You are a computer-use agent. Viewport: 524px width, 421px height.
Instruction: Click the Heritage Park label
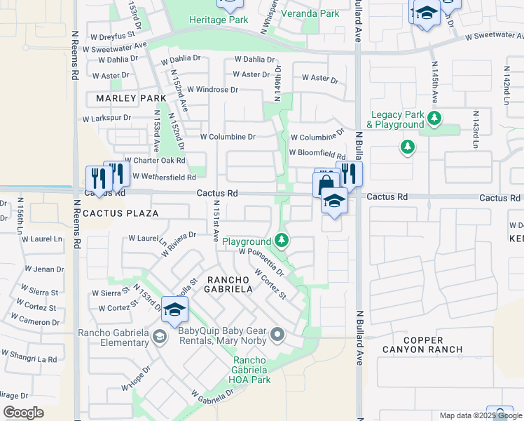pos(219,20)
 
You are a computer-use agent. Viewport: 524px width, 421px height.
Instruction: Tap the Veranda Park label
pos(310,13)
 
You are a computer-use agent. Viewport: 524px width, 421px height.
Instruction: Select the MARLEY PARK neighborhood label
pos(126,98)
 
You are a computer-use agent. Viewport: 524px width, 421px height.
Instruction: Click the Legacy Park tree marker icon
pos(435,118)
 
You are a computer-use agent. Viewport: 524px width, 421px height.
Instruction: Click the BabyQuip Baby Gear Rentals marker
pos(278,335)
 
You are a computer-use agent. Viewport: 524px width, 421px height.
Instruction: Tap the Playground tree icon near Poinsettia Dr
pos(282,241)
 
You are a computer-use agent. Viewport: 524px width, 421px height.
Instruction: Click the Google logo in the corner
pos(23,412)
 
